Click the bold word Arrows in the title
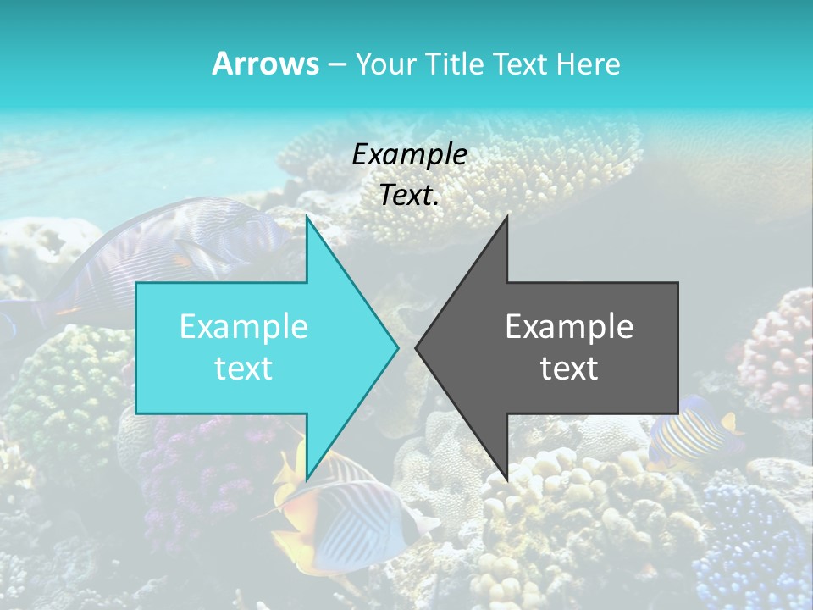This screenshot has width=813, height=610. (266, 64)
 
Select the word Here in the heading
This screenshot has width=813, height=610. (589, 64)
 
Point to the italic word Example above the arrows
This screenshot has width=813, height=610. (409, 154)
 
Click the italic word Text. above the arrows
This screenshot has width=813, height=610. (409, 196)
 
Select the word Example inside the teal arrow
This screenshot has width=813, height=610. (244, 326)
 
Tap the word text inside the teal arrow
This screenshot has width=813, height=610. (244, 368)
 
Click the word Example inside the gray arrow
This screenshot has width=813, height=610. (569, 326)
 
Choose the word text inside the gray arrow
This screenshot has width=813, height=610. (569, 368)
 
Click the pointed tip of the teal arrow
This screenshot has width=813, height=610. (397, 347)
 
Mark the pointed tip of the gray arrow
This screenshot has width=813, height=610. (416, 347)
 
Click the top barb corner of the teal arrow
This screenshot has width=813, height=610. (307, 217)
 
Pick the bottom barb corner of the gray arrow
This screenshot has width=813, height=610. (506, 480)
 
